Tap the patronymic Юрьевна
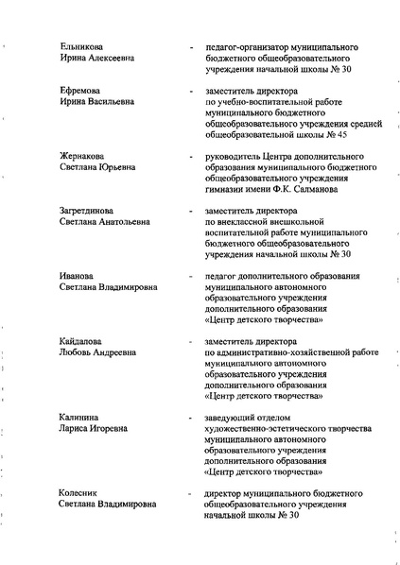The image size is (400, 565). pyautogui.click(x=112, y=166)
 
